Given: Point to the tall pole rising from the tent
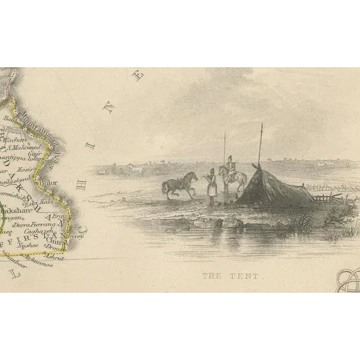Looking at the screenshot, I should click(260, 144).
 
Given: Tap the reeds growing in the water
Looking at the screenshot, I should click(300, 225).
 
